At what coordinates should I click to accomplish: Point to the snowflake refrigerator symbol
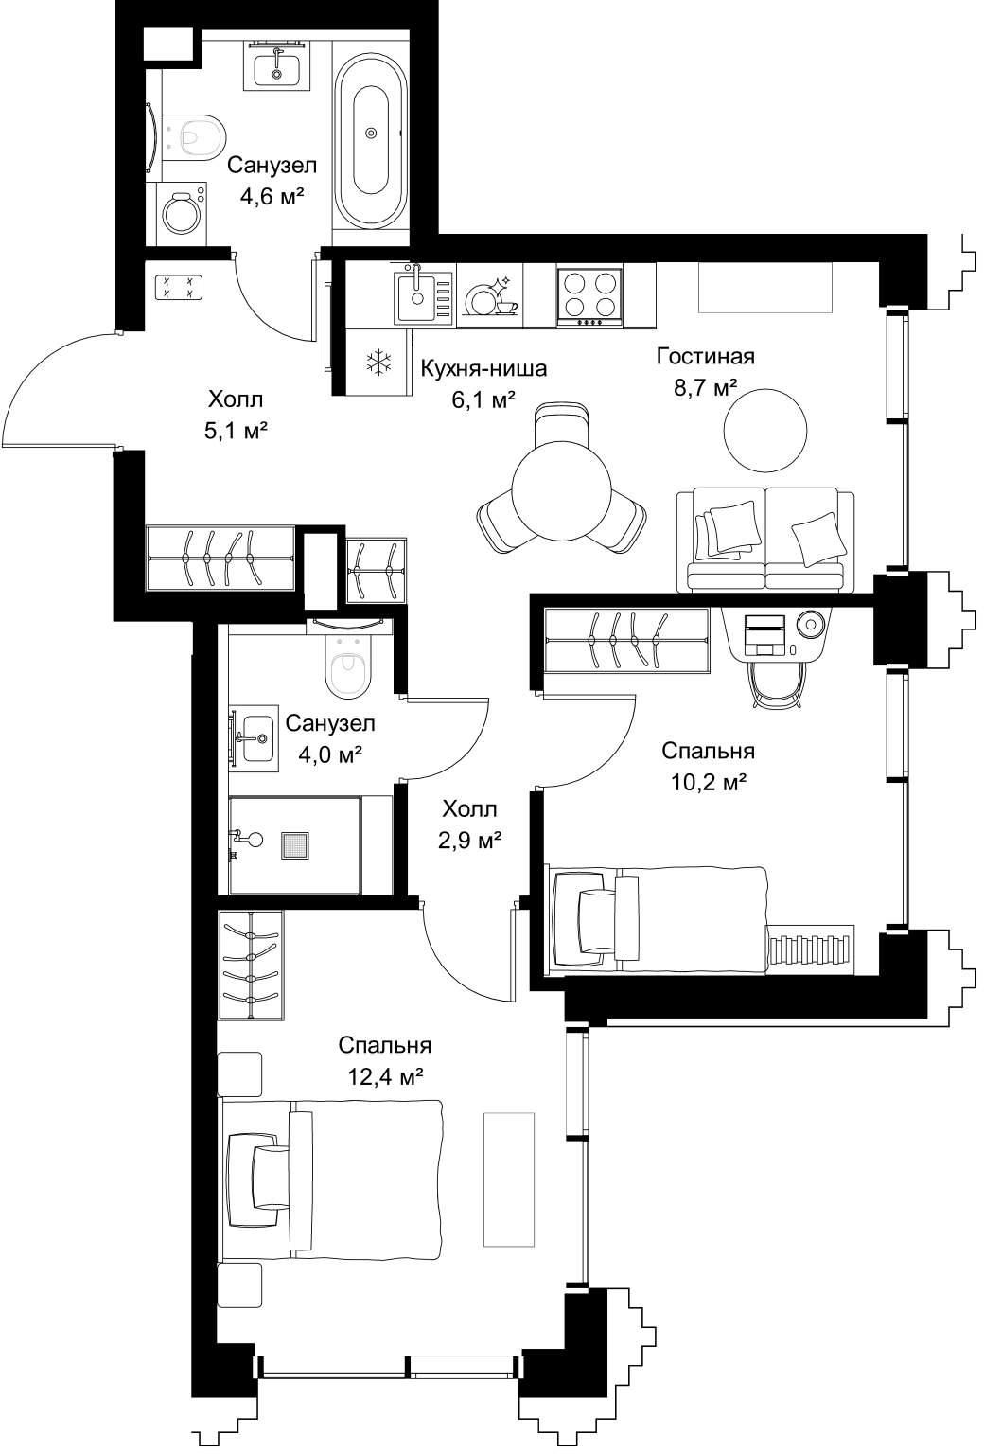(x=378, y=363)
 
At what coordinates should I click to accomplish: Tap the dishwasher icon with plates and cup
(x=491, y=296)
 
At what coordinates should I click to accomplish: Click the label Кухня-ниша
(x=483, y=368)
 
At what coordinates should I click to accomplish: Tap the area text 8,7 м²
(x=706, y=388)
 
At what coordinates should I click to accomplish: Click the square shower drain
(x=296, y=845)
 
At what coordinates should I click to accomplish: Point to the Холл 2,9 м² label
(x=469, y=825)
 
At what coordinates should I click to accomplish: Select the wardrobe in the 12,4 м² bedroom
(x=251, y=966)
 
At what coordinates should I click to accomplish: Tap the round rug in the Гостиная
(x=765, y=431)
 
